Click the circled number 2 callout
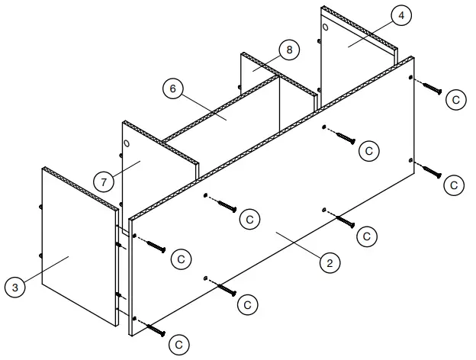330,263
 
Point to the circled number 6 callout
173,88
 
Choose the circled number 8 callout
288,49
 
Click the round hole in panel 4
327,27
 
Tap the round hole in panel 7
127,144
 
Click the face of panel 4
359,53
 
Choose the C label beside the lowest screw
179,345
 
